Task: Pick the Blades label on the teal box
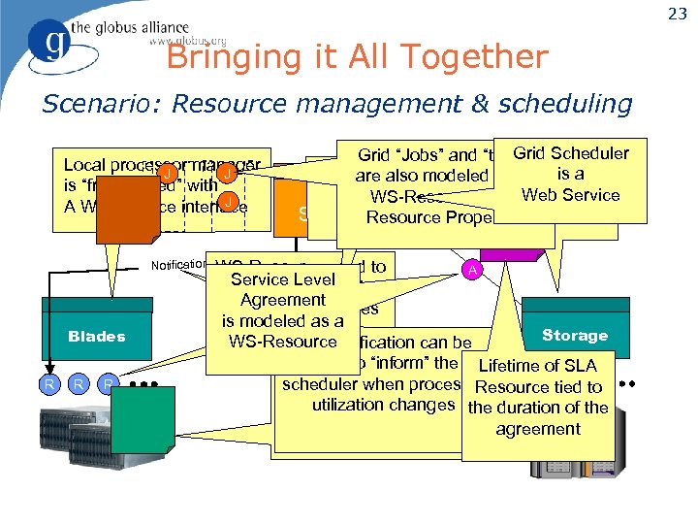[97, 336]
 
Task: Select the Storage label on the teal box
[575, 335]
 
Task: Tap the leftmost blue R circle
[48, 384]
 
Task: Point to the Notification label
[179, 265]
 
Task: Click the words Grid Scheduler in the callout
[570, 153]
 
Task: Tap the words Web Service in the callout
[570, 195]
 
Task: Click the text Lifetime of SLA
[538, 365]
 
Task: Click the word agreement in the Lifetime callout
[538, 429]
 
